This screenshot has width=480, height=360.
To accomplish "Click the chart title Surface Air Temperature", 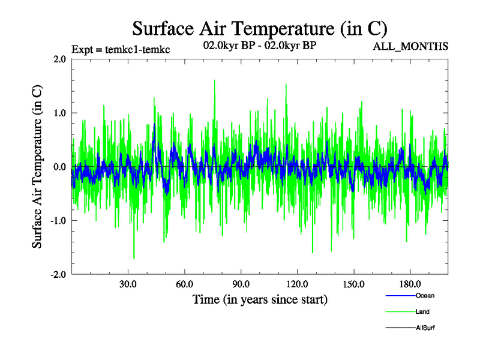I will coord(260,28).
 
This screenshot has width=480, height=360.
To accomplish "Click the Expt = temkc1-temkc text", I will coord(120,49).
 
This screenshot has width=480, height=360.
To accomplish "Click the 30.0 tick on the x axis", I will coord(128,283).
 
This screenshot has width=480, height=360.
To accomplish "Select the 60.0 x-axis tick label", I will coord(184,283).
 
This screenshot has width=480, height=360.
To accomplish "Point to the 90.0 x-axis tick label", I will coord(241,283).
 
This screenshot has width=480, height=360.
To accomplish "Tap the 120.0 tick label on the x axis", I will coord(297,283).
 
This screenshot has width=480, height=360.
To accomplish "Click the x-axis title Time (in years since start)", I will coord(260,299).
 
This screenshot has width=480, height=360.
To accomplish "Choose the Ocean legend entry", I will coord(424,296).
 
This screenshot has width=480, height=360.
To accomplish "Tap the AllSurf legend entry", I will coord(425,328).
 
